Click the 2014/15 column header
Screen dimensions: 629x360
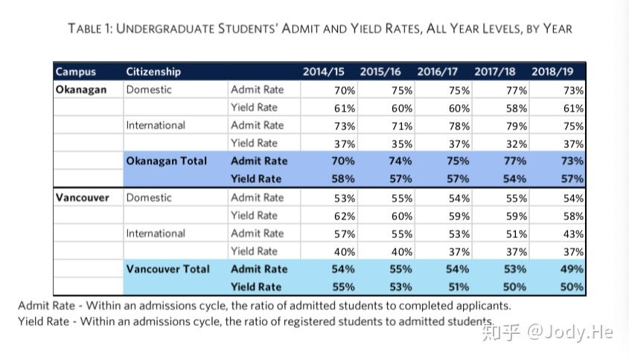[x=323, y=71]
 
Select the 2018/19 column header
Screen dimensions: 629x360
[x=552, y=71]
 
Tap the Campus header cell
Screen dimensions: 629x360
[x=76, y=71]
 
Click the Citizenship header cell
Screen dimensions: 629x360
[x=153, y=71]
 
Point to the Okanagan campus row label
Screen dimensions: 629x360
[x=81, y=89]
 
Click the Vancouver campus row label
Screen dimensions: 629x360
[x=82, y=198]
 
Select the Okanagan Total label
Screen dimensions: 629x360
[x=167, y=161]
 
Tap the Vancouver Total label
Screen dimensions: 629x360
[x=167, y=269]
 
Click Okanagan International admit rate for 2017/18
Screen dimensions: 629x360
[x=517, y=126]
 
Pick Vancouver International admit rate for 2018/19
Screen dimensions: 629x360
[x=573, y=234]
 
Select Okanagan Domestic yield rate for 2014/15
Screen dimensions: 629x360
[x=345, y=109]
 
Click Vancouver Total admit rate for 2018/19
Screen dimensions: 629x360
[x=572, y=269]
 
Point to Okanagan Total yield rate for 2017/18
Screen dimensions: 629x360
[x=514, y=179]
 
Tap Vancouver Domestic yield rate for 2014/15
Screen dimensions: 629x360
[x=345, y=216]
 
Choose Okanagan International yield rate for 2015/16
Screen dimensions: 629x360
[x=402, y=144]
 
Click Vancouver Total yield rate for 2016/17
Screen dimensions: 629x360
[x=458, y=287]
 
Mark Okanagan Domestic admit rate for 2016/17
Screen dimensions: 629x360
[x=459, y=91]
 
